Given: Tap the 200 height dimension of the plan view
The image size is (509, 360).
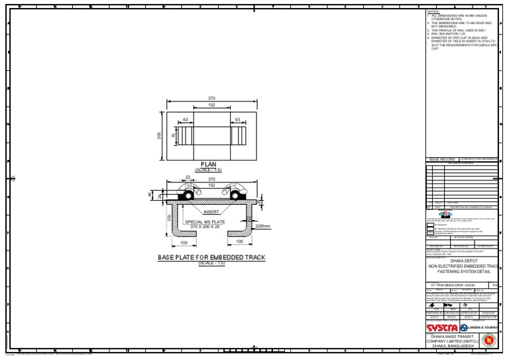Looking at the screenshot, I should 159,136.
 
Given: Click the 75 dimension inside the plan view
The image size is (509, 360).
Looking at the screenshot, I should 173,136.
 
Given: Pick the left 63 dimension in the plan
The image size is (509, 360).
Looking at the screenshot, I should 186,119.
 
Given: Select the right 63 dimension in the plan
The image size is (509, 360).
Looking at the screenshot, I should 237,119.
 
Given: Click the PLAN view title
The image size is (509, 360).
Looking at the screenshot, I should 209,164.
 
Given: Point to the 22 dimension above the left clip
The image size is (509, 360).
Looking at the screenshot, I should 188,177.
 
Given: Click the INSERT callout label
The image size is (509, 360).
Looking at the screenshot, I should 211,212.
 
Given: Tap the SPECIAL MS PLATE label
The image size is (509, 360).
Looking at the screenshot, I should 205,222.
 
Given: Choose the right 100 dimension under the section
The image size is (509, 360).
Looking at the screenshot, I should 239,242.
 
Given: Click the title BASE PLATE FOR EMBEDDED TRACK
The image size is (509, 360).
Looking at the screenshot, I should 210,257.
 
